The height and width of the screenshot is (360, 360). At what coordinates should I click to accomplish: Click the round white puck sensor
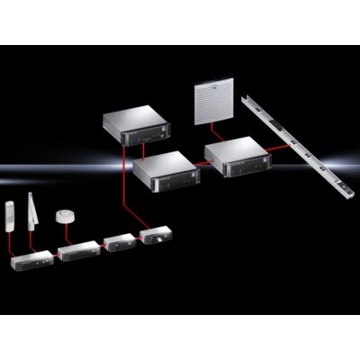coord(65,216)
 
